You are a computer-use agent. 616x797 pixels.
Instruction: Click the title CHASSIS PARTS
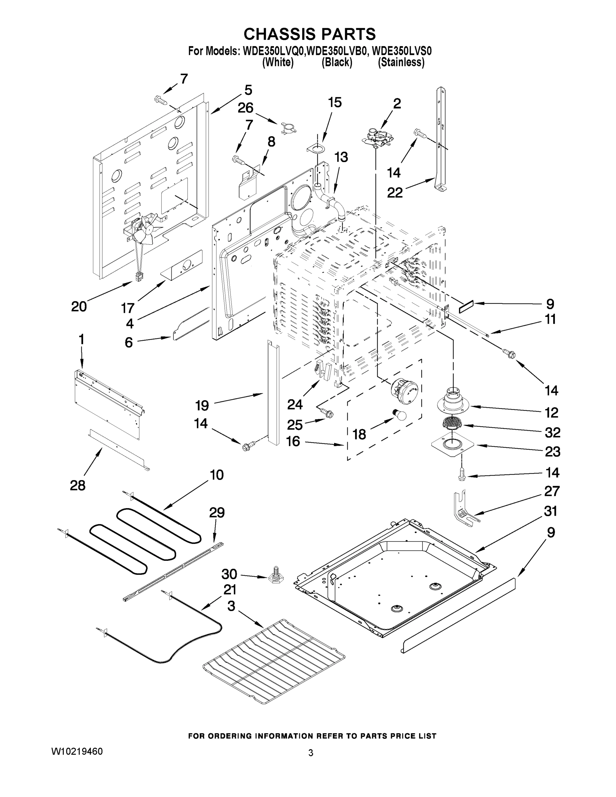click(309, 34)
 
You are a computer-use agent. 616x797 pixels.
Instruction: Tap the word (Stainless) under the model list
click(401, 62)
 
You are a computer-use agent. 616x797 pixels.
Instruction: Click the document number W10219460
click(77, 751)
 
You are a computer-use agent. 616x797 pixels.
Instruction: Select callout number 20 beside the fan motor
click(79, 307)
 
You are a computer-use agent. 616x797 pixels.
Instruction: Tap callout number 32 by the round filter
click(552, 432)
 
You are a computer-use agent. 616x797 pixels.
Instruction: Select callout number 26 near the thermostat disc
click(245, 108)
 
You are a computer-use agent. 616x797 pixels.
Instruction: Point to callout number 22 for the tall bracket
click(395, 192)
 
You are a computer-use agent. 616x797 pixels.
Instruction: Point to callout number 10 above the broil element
click(217, 475)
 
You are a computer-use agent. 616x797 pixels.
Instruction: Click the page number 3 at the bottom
click(310, 753)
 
